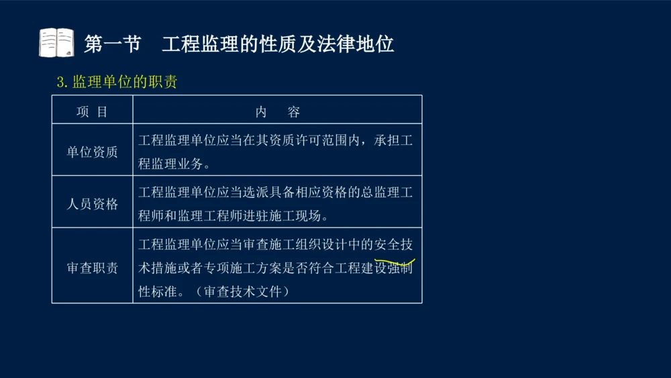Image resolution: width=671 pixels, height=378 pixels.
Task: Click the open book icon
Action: pos(56,43)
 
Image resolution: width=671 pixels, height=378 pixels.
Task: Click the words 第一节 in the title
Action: pos(113,44)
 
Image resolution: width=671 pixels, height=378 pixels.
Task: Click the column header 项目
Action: pos(92,112)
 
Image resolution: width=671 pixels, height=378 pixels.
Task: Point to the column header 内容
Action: pos(277,112)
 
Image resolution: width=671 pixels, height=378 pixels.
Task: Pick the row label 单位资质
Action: pos(92,152)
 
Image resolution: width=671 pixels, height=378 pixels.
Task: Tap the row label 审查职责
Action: pos(92,268)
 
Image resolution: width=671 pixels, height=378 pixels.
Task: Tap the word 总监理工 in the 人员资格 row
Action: pos(386,193)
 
